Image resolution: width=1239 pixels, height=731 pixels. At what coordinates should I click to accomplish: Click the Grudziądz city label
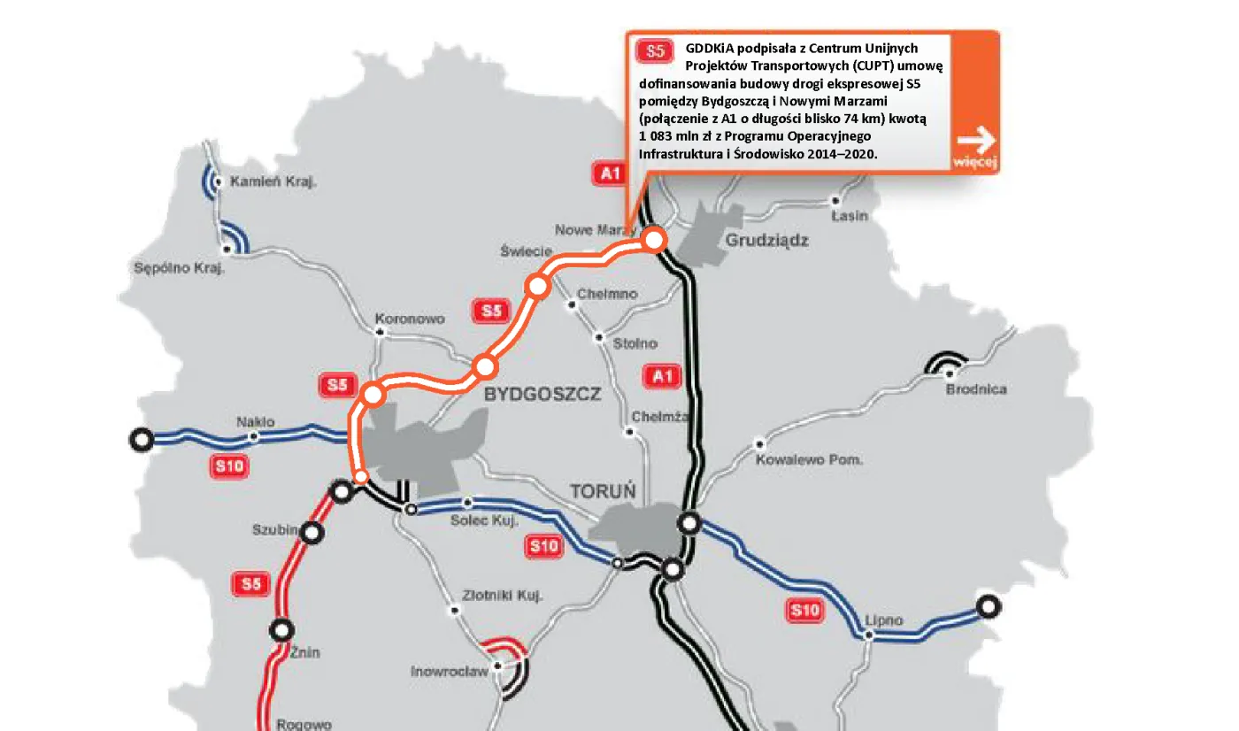766,241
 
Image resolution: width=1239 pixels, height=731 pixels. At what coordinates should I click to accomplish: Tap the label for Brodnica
976,389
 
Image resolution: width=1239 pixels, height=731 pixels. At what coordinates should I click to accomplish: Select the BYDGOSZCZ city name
542,394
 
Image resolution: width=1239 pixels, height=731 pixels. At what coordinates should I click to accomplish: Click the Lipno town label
884,620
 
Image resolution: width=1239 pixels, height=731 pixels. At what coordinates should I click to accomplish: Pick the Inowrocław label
449,672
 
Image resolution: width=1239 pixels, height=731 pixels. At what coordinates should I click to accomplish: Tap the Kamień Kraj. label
273,182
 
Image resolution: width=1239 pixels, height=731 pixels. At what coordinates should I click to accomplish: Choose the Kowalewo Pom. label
809,460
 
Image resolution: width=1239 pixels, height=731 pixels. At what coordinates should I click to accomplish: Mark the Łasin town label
850,216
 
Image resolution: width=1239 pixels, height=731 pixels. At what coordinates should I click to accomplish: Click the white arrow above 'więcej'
976,140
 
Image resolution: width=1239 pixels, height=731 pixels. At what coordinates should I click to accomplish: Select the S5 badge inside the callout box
656,50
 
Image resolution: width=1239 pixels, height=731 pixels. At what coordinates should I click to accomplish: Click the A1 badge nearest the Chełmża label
663,376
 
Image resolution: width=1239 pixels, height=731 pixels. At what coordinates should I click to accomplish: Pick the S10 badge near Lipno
804,610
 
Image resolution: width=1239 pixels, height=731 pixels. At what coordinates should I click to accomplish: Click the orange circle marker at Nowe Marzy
653,239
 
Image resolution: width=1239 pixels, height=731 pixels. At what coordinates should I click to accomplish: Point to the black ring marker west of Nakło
141,438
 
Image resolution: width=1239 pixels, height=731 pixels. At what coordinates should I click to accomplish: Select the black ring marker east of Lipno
988,606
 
